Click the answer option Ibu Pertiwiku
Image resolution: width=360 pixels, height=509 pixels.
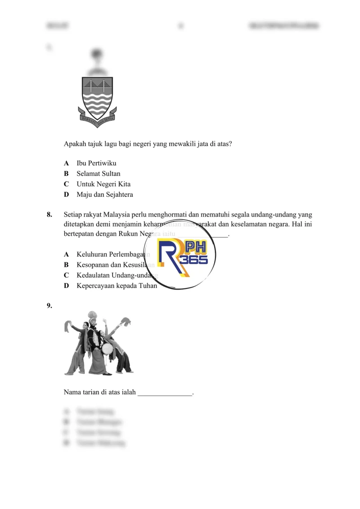[x=96, y=163]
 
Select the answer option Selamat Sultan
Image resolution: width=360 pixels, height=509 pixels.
[x=98, y=173]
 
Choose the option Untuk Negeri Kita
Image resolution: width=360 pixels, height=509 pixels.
[x=103, y=184]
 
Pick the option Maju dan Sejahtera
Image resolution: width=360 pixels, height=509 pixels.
[x=104, y=195]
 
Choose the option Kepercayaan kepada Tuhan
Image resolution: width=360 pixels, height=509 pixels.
[x=117, y=285]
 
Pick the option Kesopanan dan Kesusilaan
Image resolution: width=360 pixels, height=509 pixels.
[x=115, y=265]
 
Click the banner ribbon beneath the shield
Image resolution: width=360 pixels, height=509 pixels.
[x=97, y=118]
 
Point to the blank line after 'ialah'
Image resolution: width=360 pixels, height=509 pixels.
[x=165, y=393]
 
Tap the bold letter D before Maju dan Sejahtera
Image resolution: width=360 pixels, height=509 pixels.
[x=66, y=195]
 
